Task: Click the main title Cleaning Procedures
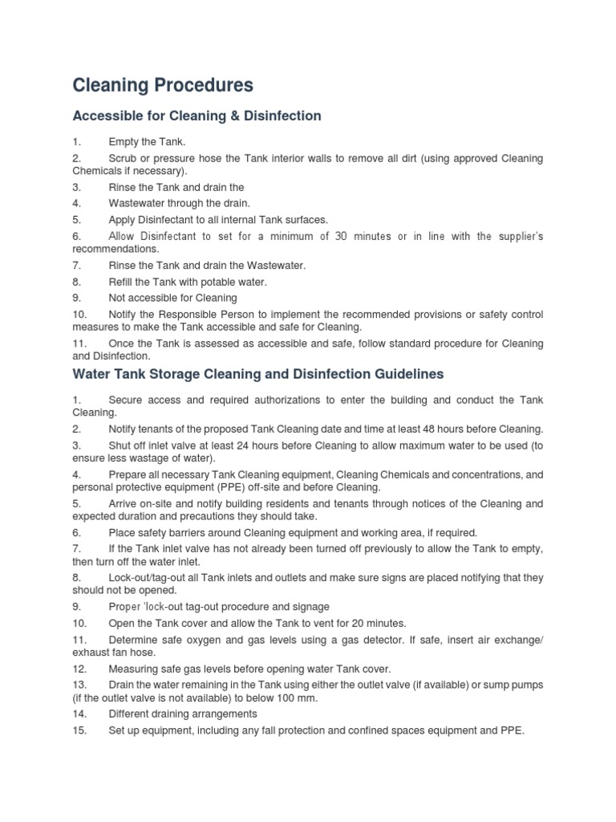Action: [x=163, y=84]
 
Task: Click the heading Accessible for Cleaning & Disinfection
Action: [x=197, y=116]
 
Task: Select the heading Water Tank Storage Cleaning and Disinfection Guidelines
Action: [x=257, y=374]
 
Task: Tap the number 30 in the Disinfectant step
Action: [x=340, y=236]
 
